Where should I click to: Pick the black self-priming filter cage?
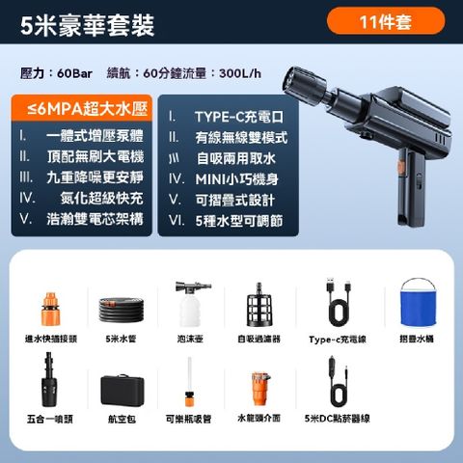[x=259, y=305]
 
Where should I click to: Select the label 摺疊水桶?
[x=418, y=339]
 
